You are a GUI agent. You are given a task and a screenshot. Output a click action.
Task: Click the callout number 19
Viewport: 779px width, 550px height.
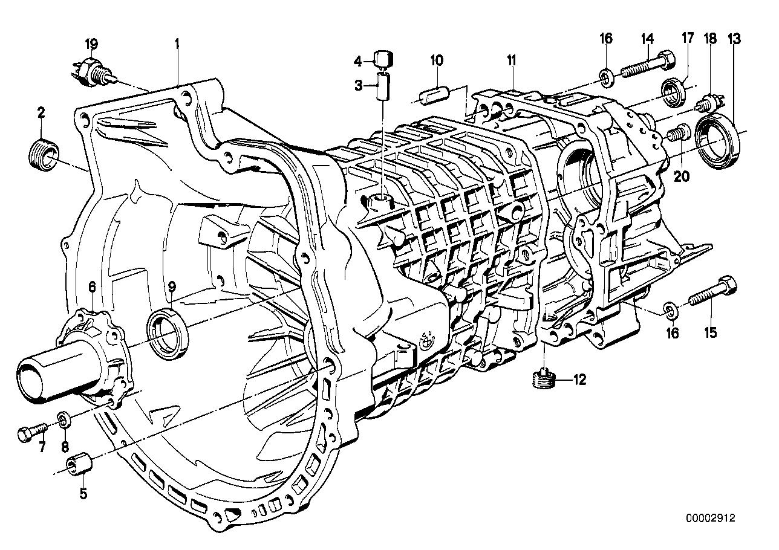coord(91,44)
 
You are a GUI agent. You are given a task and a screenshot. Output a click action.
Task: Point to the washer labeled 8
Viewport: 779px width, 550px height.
coord(63,418)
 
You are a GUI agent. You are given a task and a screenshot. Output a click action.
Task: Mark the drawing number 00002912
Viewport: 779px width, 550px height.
coord(713,518)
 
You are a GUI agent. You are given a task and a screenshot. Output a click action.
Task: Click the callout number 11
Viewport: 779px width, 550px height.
coord(512,60)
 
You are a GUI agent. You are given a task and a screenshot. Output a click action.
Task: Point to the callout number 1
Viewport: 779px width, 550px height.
coord(177,44)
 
